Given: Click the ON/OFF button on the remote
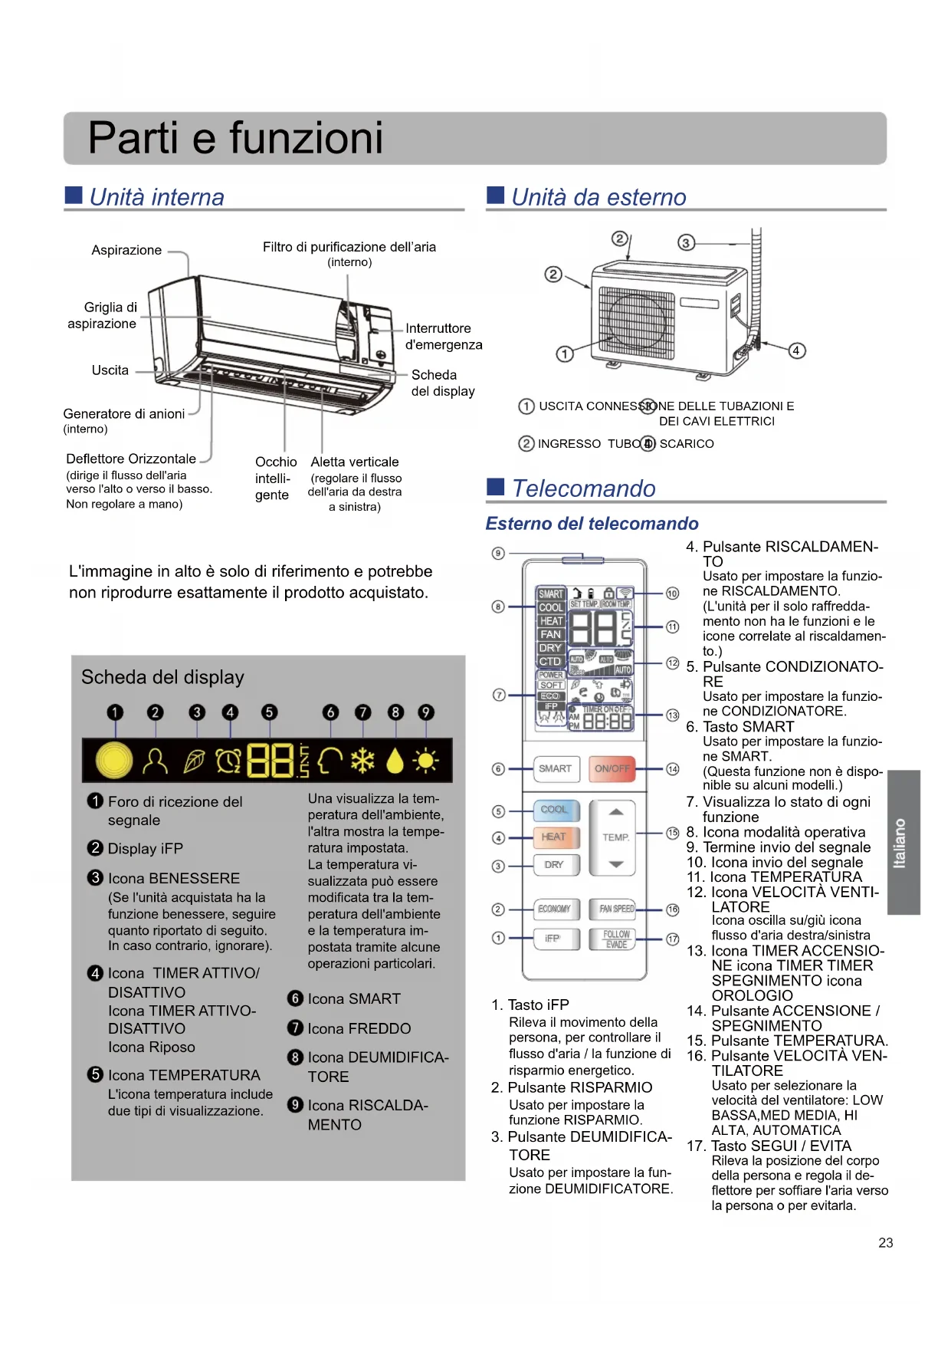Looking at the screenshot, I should [x=612, y=768].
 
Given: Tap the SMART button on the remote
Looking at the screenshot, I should [x=555, y=768].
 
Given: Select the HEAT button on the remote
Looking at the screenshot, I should [x=554, y=837].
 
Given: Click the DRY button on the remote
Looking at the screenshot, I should [x=554, y=864].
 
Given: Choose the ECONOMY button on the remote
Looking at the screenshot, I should [x=554, y=909].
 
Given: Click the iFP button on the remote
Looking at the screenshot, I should [x=553, y=938].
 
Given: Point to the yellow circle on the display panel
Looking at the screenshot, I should [x=114, y=761].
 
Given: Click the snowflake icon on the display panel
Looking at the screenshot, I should [x=362, y=761].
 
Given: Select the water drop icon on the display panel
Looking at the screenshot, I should [x=395, y=761].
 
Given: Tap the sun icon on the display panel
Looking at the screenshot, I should [x=425, y=761].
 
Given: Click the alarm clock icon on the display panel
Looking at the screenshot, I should [x=228, y=761].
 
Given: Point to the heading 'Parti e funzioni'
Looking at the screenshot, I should [x=235, y=138].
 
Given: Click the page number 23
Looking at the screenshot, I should [x=886, y=1243].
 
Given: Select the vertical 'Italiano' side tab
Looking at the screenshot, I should [x=902, y=843].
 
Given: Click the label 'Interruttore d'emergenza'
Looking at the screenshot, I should [x=443, y=337].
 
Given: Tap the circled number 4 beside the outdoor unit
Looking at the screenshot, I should [x=796, y=350].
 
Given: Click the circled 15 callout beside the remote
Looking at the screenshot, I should [x=672, y=833].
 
